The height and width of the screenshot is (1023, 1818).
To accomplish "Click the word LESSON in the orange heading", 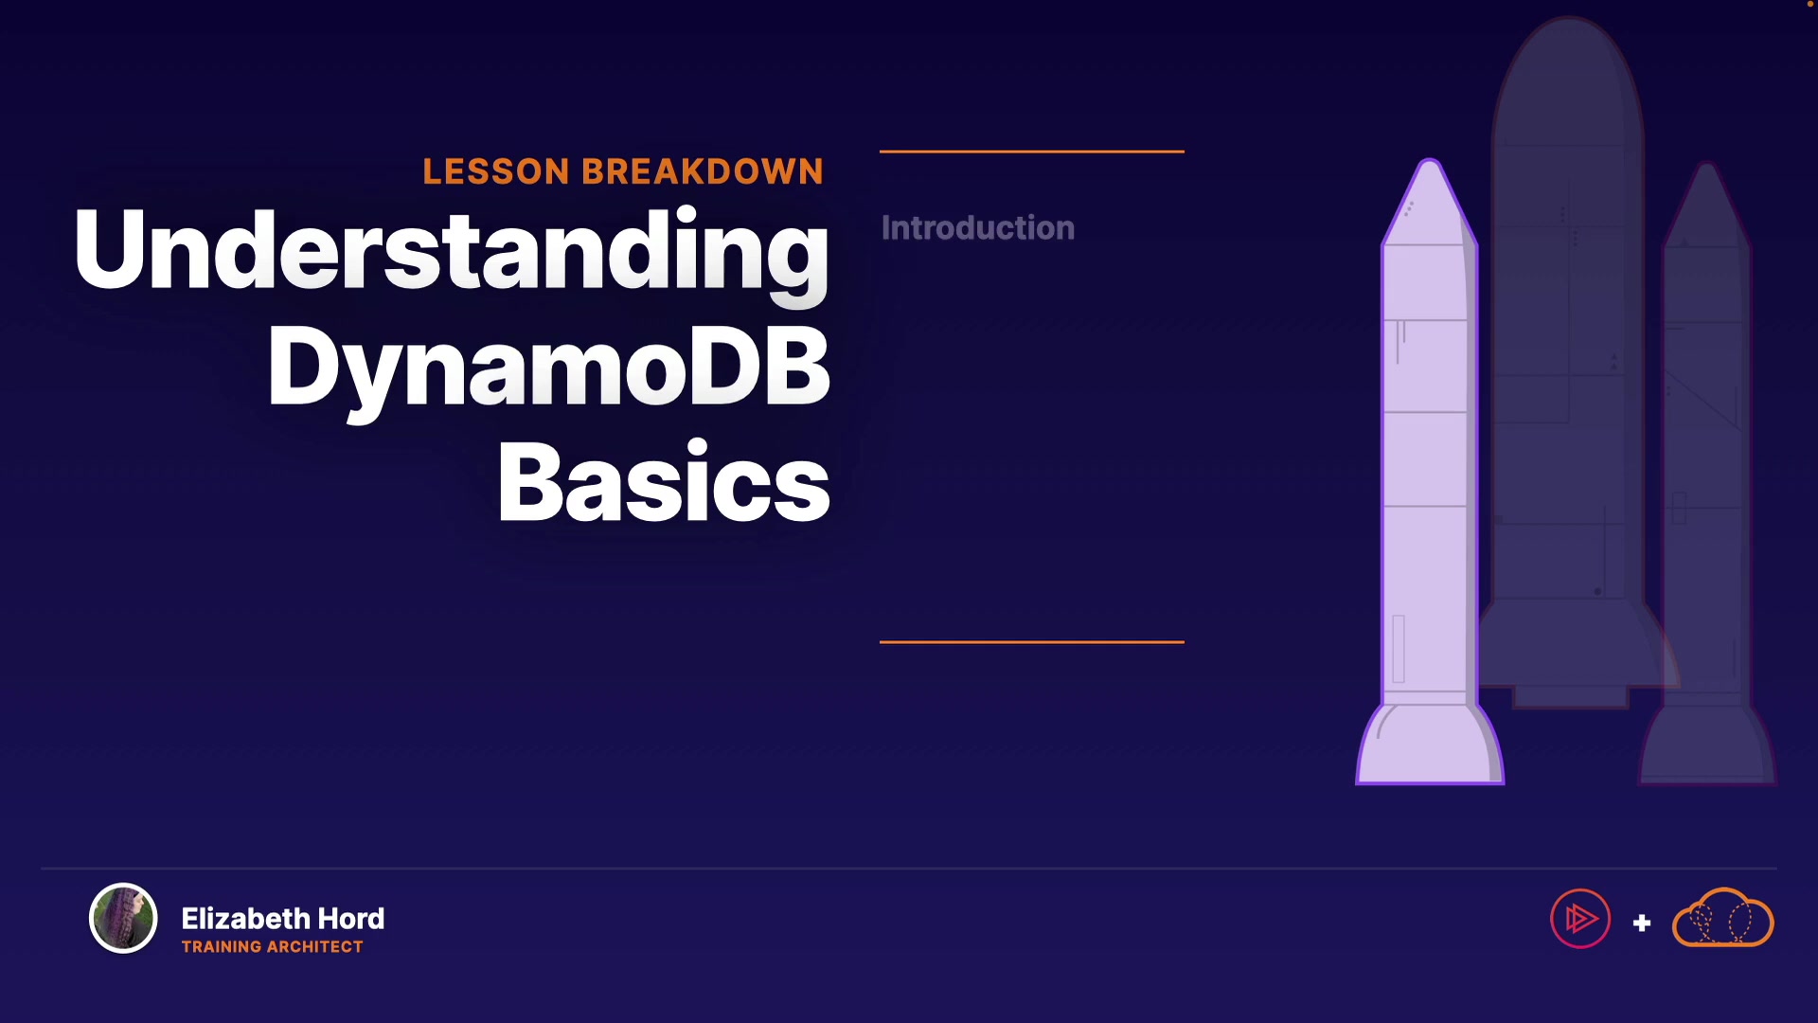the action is pos(496,171).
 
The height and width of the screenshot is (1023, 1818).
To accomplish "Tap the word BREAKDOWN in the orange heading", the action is pos(703,171).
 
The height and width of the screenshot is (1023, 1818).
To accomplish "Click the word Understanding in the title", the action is pos(452,251).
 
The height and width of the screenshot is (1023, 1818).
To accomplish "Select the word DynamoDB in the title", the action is pos(549,369).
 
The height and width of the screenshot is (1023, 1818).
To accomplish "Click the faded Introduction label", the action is pos(978,228).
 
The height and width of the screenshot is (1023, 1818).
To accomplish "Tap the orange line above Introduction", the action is pos(1032,151).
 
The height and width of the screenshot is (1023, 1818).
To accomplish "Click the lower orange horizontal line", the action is pos(1032,641).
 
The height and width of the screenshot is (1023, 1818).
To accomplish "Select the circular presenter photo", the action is pos(123,918).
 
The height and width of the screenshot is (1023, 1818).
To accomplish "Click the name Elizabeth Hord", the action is pos(283,918).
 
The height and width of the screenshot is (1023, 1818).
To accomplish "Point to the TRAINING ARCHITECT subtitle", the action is pos(273,946).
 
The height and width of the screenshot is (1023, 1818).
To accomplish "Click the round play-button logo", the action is pos(1580,918).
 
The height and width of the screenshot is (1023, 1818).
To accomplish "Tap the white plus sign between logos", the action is pos(1642,923).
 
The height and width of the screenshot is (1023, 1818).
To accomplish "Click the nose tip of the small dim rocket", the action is pos(1707,167).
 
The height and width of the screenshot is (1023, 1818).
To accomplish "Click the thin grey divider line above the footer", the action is pos(909,868).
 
